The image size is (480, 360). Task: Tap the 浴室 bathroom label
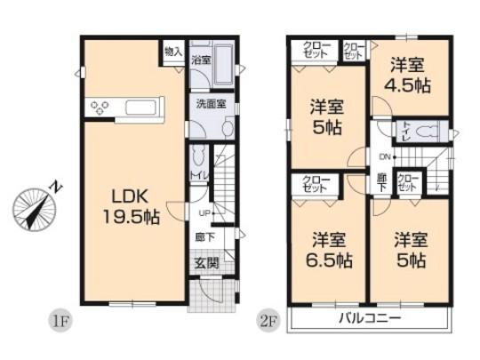(201, 60)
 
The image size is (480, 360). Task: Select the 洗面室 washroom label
(211, 103)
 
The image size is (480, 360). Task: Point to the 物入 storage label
(173, 52)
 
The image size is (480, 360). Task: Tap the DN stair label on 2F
(385, 157)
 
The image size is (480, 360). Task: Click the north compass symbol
(36, 209)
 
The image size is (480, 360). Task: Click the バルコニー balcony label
(369, 318)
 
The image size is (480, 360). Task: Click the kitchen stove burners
(99, 108)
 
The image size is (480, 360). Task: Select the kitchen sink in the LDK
(143, 108)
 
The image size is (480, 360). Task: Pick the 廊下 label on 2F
(380, 183)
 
